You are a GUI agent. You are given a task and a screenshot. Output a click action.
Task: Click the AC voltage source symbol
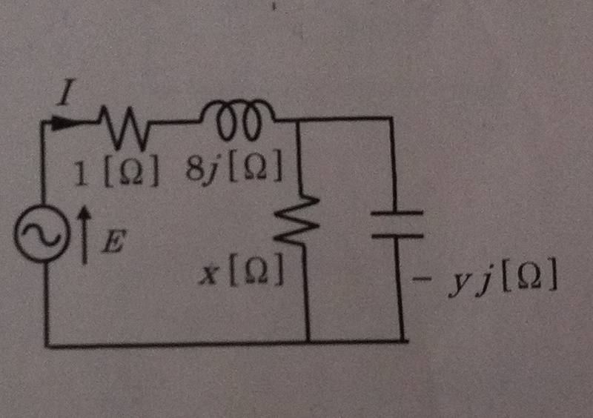point(42,233)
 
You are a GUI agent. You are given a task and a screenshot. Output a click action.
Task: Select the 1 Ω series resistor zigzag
point(124,128)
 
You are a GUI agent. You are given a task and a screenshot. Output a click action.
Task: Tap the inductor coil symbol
point(237,119)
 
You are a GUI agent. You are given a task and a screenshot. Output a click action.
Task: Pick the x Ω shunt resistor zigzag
point(297,219)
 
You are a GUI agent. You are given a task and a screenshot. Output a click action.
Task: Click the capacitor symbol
point(397,225)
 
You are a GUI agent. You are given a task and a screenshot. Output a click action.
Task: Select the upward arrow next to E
point(85,234)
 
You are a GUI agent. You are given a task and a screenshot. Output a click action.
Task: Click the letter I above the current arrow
point(66,92)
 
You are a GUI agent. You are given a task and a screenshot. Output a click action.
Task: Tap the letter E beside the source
point(113,242)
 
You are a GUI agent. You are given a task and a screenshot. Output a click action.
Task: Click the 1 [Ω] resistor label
point(116,173)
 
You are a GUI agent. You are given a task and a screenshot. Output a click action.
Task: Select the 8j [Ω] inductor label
point(233,167)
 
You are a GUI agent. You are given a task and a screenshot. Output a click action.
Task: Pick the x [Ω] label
point(242,269)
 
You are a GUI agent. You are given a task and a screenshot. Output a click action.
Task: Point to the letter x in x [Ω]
point(210,273)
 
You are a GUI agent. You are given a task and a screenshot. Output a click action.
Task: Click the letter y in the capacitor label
point(459,285)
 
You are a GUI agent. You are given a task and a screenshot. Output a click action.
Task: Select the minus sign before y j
point(422,280)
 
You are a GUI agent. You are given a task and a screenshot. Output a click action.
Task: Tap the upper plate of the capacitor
point(397,213)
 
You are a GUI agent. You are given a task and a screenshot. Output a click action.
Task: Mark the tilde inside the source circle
point(42,233)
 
